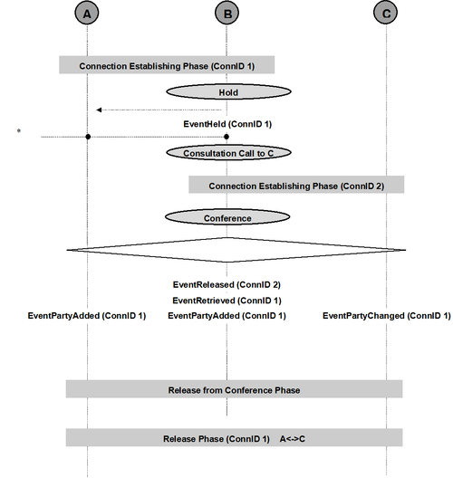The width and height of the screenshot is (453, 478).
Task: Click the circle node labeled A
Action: (87, 13)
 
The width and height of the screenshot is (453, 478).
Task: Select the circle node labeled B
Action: (227, 13)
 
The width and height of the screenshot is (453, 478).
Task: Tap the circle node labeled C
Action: (386, 13)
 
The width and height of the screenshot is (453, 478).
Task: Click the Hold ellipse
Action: (228, 91)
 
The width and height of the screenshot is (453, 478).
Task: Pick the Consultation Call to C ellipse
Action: (228, 153)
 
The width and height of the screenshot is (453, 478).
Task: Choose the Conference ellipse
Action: (227, 217)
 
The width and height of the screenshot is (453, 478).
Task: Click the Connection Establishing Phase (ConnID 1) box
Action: (167, 65)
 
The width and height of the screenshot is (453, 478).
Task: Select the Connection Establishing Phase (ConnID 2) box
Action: (296, 185)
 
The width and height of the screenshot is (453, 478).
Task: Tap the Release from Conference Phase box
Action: (235, 389)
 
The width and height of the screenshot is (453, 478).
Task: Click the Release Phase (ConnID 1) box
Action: (235, 438)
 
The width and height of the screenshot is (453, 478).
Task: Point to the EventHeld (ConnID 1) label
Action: (227, 124)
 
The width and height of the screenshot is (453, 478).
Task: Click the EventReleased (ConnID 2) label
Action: (226, 285)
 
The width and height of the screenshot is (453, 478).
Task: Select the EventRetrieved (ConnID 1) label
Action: (227, 301)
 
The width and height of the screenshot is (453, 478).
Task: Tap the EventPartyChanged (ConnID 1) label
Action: (387, 316)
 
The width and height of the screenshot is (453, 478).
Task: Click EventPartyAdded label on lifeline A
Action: (87, 316)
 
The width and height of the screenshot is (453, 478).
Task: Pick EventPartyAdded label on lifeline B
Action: (227, 316)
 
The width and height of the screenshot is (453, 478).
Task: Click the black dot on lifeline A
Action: (88, 137)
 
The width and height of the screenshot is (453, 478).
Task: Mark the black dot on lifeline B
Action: (226, 137)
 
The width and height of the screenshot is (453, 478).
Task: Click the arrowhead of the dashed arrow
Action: (99, 110)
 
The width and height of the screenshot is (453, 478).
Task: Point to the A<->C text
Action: (293, 439)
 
